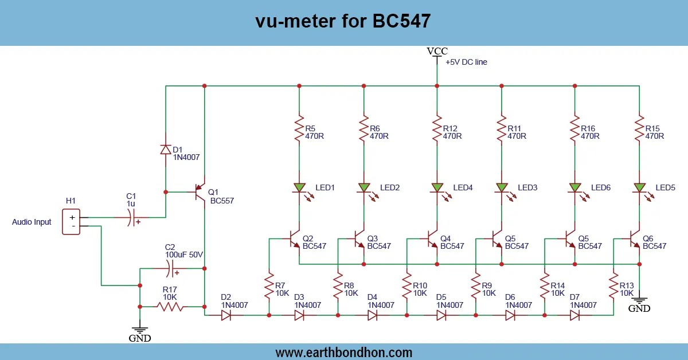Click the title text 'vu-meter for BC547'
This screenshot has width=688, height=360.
click(x=343, y=21)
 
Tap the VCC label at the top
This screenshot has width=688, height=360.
click(x=437, y=51)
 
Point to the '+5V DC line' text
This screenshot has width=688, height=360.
click(x=466, y=62)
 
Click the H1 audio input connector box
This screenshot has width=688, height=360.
click(x=72, y=221)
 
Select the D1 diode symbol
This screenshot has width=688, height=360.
click(x=166, y=150)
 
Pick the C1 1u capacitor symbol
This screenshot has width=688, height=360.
click(x=133, y=218)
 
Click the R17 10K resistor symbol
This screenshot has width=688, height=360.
click(x=170, y=307)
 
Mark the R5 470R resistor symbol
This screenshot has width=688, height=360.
click(x=299, y=130)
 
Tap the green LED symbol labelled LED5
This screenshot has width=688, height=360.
click(x=639, y=187)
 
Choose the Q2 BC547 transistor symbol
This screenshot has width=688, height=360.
click(x=294, y=240)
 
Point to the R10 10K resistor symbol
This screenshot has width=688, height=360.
click(x=406, y=285)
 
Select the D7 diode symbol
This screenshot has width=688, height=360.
click(x=575, y=315)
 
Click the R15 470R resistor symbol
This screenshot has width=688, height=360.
click(x=639, y=130)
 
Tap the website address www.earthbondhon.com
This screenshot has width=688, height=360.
click(x=344, y=352)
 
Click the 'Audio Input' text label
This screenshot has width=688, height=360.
click(x=32, y=222)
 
